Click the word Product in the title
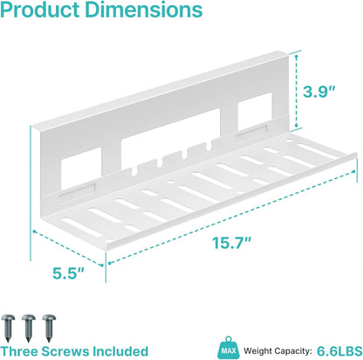[x=40, y=10]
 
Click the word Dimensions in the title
[x=144, y=10]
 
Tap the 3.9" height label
[x=319, y=92]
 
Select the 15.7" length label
[x=231, y=242]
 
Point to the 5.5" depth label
[x=68, y=273]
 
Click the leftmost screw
[x=8, y=328]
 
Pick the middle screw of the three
[x=29, y=328]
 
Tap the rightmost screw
[x=49, y=328]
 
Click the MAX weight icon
[x=229, y=348]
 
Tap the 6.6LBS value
[x=339, y=350]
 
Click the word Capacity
[x=293, y=351]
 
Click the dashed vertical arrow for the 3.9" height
[x=297, y=90]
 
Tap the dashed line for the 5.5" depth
[x=68, y=248]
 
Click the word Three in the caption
[x=19, y=351]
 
